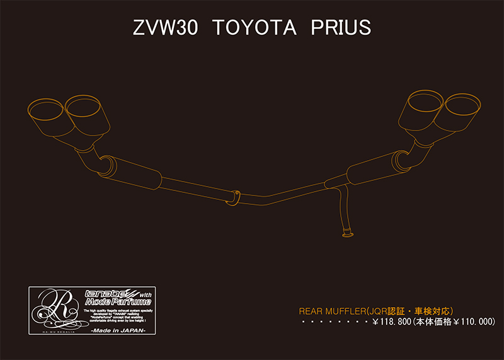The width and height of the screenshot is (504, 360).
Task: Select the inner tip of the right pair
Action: tap(425, 102)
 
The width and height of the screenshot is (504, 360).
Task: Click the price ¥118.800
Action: tap(391, 322)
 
